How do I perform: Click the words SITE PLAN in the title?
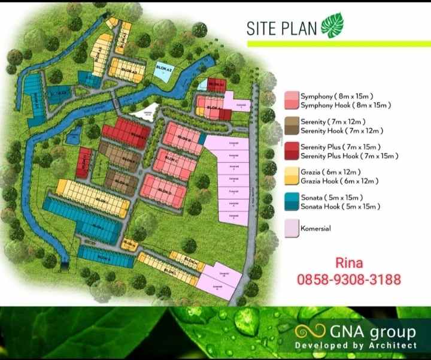(x=282, y=28)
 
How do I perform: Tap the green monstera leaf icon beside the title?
(x=330, y=28)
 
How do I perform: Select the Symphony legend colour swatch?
(x=292, y=100)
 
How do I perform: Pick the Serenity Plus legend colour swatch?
(x=292, y=151)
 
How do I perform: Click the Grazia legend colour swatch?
(x=292, y=176)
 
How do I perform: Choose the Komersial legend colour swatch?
(x=292, y=228)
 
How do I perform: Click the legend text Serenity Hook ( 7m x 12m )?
(x=341, y=131)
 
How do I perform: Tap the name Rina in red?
(x=349, y=263)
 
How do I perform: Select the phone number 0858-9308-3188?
(x=349, y=279)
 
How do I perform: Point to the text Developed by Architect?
(x=356, y=346)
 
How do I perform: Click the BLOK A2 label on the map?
(x=164, y=69)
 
